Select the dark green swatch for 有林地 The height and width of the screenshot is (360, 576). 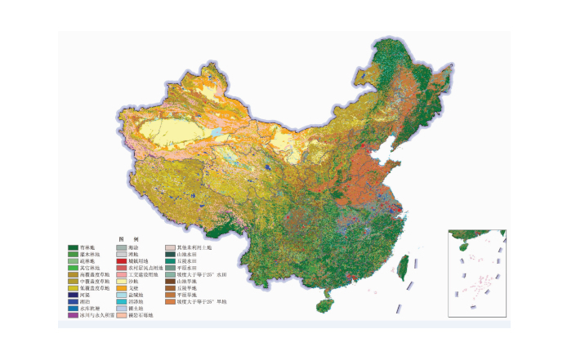(x=73, y=247)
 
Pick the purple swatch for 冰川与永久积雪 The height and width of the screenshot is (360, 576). (x=73, y=314)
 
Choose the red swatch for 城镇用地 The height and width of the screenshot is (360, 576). (x=121, y=260)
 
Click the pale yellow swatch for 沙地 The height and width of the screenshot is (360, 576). (x=121, y=281)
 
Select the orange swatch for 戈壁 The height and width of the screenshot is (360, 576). (x=121, y=287)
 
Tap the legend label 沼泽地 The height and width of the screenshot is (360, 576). (x=135, y=301)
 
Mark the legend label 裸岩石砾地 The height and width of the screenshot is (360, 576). (x=139, y=314)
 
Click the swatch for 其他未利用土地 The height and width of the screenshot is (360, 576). (x=170, y=247)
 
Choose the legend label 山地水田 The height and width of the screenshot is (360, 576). (x=187, y=254)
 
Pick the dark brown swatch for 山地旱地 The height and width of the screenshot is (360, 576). (x=170, y=281)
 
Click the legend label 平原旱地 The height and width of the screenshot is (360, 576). (x=187, y=295)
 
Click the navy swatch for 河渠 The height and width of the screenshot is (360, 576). (x=73, y=295)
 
